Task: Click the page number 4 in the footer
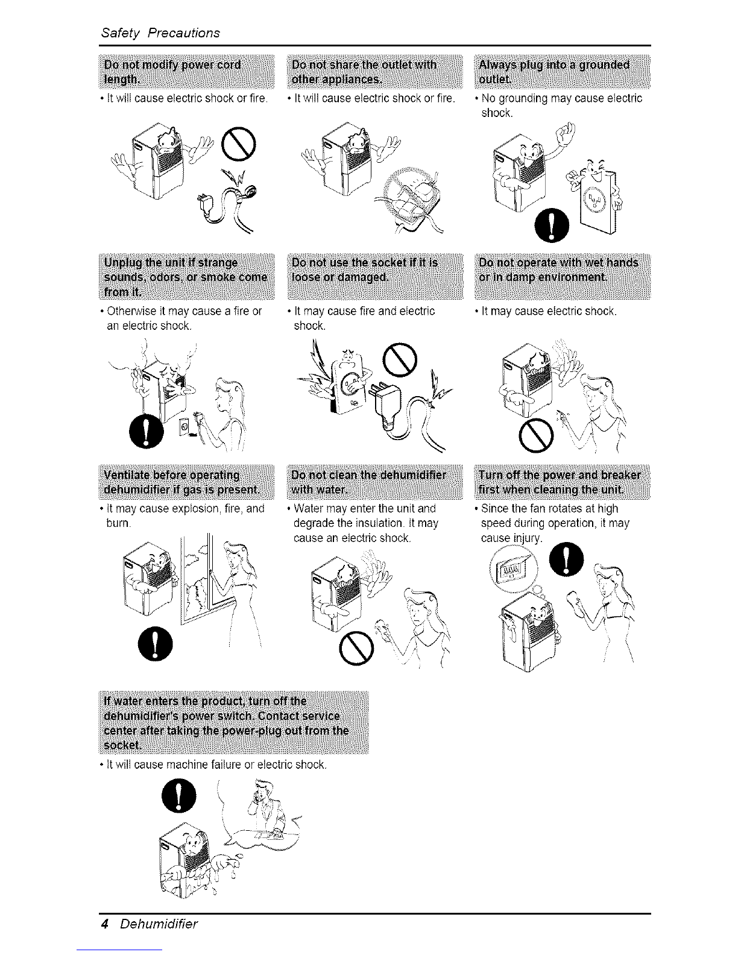(104, 924)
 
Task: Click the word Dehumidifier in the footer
(159, 924)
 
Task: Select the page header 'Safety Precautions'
(160, 33)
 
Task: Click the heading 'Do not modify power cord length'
(187, 72)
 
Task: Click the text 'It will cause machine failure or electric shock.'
(216, 766)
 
